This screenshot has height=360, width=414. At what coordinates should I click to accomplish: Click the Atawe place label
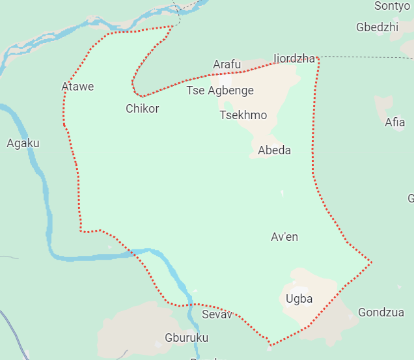coord(77,87)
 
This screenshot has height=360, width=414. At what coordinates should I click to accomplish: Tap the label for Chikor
coord(142,109)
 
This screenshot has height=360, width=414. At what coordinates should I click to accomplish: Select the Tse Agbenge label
coord(220,90)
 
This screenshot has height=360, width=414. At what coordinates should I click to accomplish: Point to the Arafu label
coord(227,64)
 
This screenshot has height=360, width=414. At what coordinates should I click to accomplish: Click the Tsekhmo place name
coord(243,115)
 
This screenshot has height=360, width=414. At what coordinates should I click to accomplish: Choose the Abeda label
coord(274,150)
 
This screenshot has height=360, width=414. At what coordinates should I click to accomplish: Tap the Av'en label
coord(284,237)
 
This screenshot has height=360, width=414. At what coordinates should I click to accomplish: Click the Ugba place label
coord(299,299)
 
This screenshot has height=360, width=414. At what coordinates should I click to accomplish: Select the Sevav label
coord(217,315)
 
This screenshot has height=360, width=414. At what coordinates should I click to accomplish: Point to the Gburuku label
coord(186,338)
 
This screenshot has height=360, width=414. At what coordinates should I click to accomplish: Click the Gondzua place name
coord(376,312)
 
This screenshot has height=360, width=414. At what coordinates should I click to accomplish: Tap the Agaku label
coord(23,143)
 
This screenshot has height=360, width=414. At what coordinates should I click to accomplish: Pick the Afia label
coord(394,122)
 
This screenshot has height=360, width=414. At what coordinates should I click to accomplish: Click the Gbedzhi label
coord(377,27)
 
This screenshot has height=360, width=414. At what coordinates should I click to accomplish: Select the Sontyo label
coord(393,6)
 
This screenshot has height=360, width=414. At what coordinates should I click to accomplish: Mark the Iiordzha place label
coord(294,59)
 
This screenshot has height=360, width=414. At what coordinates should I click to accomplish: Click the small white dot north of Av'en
coord(282,193)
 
